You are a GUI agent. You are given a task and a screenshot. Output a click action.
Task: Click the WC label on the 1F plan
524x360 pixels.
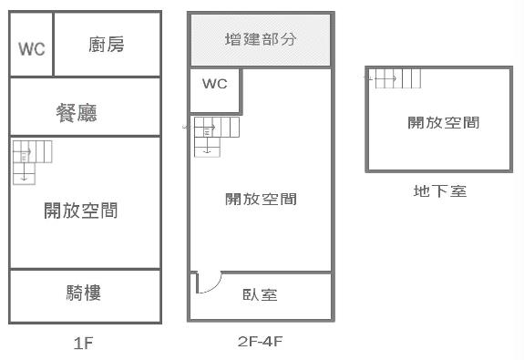(32, 48)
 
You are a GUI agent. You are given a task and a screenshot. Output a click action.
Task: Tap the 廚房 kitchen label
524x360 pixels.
(107, 45)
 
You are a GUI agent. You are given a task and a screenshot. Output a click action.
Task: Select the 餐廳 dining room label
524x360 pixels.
(77, 113)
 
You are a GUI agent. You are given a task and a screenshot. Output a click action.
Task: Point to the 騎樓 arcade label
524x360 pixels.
(84, 293)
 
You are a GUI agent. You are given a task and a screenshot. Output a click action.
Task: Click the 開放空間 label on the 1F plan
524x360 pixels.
(80, 211)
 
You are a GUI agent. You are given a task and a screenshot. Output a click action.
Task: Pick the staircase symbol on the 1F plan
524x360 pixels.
(32, 159)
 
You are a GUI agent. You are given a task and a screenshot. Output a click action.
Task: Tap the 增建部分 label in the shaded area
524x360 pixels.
(261, 40)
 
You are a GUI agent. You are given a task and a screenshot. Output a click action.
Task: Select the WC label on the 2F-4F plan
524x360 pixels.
(214, 84)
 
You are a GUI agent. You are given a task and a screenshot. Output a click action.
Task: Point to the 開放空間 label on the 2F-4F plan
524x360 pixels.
(261, 199)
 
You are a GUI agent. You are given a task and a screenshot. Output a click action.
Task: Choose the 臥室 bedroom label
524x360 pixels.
(260, 295)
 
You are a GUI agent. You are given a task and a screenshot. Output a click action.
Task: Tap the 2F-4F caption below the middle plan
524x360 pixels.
(261, 342)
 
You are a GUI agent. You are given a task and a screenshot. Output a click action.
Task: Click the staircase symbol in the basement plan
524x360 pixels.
(395, 79)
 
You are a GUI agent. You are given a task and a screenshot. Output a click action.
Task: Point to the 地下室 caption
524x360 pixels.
(439, 191)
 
